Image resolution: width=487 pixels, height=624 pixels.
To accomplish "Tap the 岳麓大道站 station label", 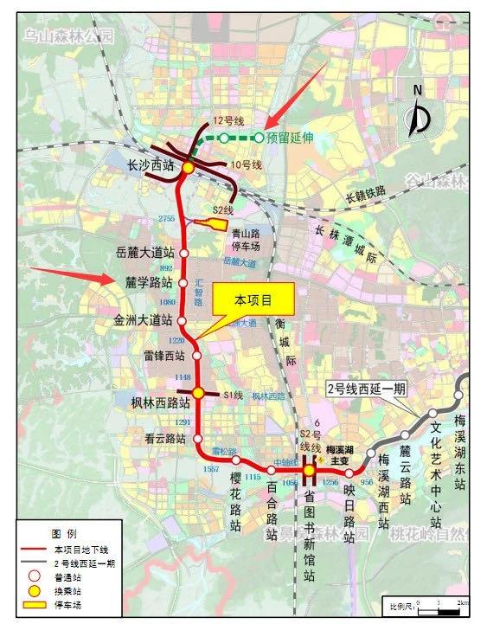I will coord(144,253).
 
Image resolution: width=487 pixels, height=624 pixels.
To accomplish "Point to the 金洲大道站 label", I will coord(144,320).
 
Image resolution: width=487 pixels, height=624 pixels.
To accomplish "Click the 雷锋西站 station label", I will coord(163,356).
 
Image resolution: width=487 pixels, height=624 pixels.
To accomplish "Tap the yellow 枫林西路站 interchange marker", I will coord(198,394).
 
